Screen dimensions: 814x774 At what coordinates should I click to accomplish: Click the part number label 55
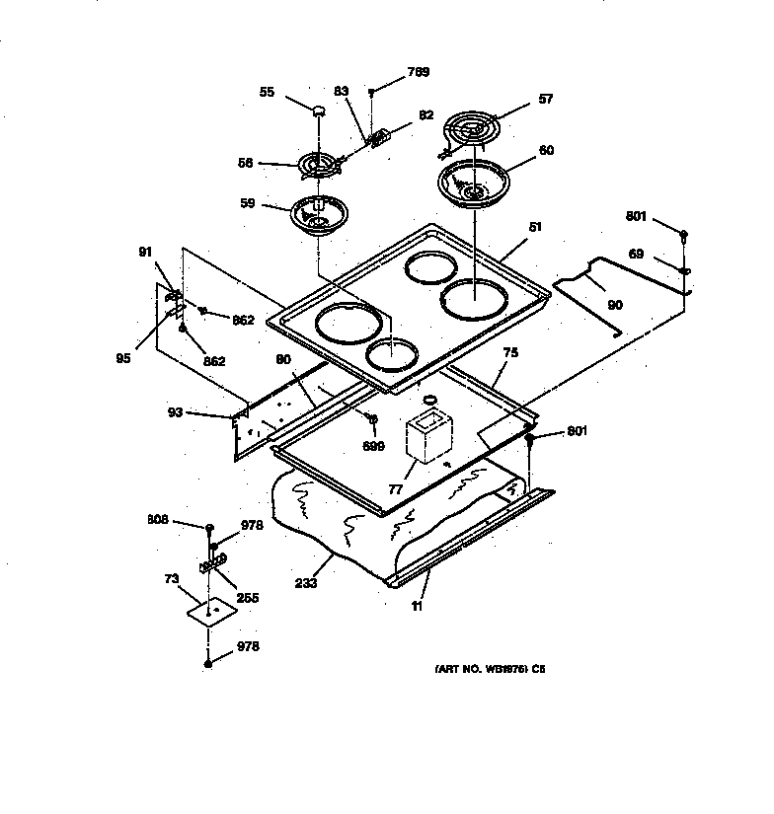pyautogui.click(x=267, y=92)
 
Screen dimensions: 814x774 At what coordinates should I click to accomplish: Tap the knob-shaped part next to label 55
pyautogui.click(x=319, y=111)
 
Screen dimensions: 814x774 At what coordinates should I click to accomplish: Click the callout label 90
pyautogui.click(x=614, y=306)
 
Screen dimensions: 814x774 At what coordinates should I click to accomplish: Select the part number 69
pyautogui.click(x=637, y=255)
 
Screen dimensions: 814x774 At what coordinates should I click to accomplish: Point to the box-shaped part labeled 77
pyautogui.click(x=426, y=437)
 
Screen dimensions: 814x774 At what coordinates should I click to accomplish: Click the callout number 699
pyautogui.click(x=373, y=446)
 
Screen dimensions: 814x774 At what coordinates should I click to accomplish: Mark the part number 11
pyautogui.click(x=417, y=607)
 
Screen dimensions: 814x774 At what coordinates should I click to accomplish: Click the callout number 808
pyautogui.click(x=158, y=519)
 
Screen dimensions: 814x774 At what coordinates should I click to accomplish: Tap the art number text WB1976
pyautogui.click(x=484, y=668)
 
